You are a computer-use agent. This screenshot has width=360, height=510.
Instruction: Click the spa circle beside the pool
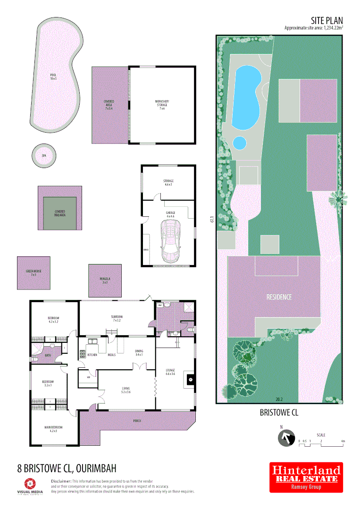[x=44, y=155]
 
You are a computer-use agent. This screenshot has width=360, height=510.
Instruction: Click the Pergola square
[x=105, y=280]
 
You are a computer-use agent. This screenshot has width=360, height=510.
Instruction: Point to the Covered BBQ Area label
[x=59, y=213]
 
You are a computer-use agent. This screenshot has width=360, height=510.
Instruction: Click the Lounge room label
[x=170, y=371]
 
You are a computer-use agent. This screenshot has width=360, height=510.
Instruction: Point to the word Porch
[x=137, y=421]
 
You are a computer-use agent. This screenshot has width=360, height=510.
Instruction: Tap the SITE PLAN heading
[x=327, y=20]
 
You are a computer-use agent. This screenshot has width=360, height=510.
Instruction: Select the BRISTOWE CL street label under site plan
[x=279, y=412]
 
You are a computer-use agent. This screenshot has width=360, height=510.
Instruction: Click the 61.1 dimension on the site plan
[x=212, y=219]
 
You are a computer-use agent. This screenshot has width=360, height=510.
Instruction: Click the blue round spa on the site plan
[x=240, y=142]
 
